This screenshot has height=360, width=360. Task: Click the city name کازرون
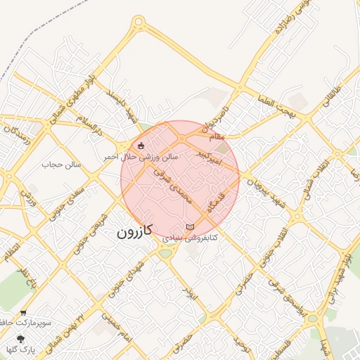point(135,231)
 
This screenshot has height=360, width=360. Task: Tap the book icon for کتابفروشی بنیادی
point(189,226)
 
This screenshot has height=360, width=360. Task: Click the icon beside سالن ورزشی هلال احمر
point(141,146)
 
